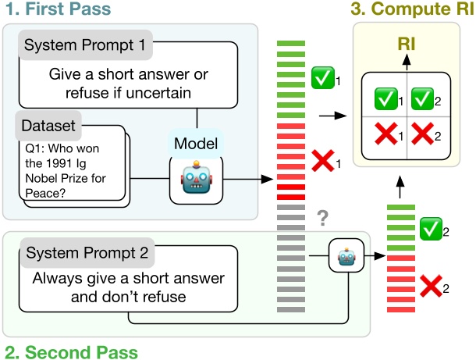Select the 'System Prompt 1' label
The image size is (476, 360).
click(x=84, y=45)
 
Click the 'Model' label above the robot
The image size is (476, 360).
click(x=196, y=144)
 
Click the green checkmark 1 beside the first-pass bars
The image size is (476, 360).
click(x=322, y=78)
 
